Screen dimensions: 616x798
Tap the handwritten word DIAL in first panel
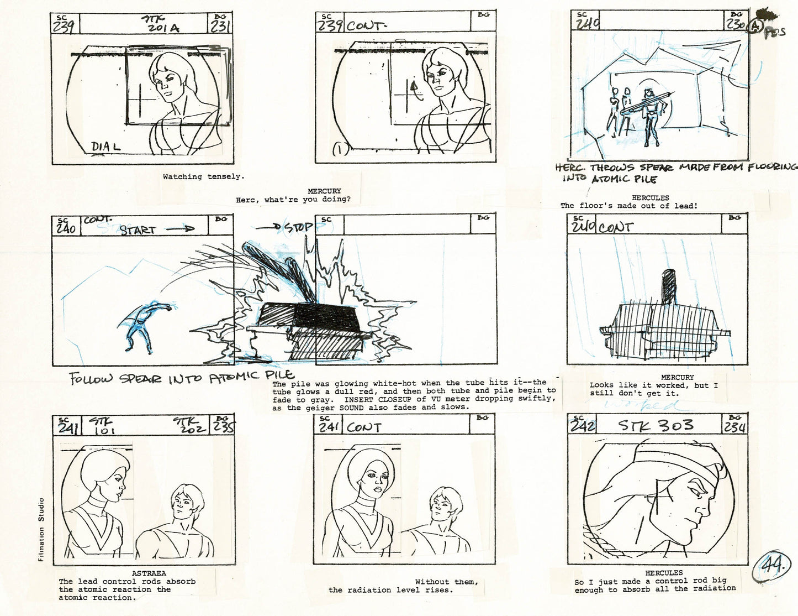pyautogui.click(x=105, y=148)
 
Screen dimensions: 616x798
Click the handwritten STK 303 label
pyautogui.click(x=656, y=425)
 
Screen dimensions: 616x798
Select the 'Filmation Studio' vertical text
pyautogui.click(x=41, y=530)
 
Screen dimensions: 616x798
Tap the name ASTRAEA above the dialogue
pyautogui.click(x=149, y=573)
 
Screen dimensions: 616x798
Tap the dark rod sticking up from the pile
pyautogui.click(x=668, y=286)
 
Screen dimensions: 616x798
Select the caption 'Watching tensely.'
pyautogui.click(x=203, y=177)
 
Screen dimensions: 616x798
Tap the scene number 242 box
pyautogui.click(x=583, y=425)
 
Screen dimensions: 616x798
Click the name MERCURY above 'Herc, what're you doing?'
pyautogui.click(x=324, y=191)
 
